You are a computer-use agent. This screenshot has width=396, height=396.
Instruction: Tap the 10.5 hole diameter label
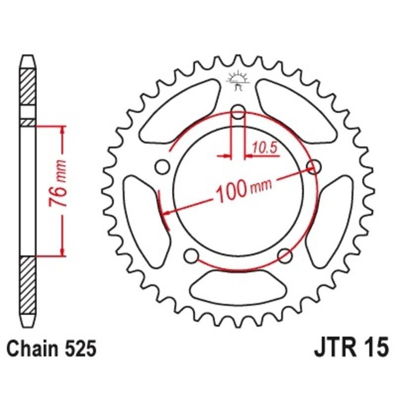[x=263, y=147]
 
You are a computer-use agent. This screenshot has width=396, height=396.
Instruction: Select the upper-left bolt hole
[x=161, y=167]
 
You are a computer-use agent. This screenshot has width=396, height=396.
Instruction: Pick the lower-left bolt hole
[x=189, y=255]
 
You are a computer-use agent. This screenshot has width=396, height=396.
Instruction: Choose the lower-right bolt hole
[x=284, y=255]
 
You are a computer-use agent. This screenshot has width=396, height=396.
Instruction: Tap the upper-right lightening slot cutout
[x=296, y=110]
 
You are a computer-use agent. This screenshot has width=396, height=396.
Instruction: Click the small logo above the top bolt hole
[x=238, y=80]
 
